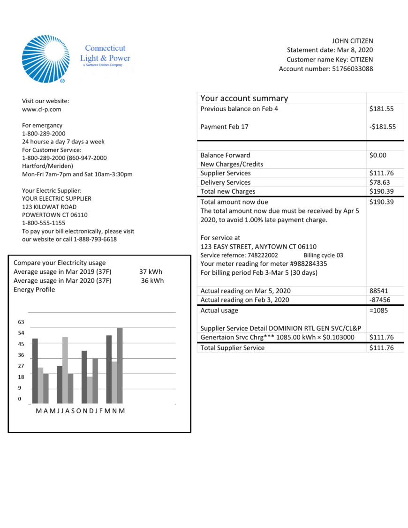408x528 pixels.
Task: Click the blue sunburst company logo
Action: point(45,59)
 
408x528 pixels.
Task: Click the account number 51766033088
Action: point(353,69)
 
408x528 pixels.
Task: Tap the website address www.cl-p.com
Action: point(41,109)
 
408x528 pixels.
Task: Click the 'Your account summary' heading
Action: point(244,98)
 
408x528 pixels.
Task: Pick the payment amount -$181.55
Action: point(382,127)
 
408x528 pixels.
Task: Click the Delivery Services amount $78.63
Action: point(381,182)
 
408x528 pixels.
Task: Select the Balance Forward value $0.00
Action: point(378,155)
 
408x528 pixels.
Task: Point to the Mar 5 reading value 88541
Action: point(378,291)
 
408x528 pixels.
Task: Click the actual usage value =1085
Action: point(378,310)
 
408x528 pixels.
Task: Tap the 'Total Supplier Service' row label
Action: point(232,348)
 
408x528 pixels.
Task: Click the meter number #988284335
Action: point(305,264)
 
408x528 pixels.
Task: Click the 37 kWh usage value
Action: point(151,272)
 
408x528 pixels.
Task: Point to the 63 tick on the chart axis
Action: point(21,322)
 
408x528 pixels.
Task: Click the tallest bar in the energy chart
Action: point(120,365)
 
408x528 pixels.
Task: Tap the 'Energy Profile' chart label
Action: point(34,290)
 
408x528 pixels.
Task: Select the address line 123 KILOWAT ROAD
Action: point(49,207)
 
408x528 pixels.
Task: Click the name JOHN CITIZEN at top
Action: point(352,41)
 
